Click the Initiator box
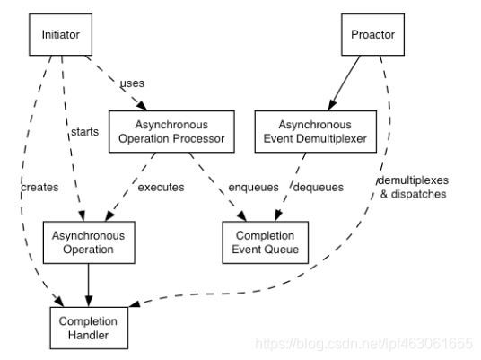[61, 35]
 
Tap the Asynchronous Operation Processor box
[171, 132]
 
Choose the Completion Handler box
[88, 327]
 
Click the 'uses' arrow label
[132, 83]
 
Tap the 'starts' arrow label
[83, 134]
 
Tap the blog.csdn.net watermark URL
[364, 344]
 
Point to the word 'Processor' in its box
[196, 138]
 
